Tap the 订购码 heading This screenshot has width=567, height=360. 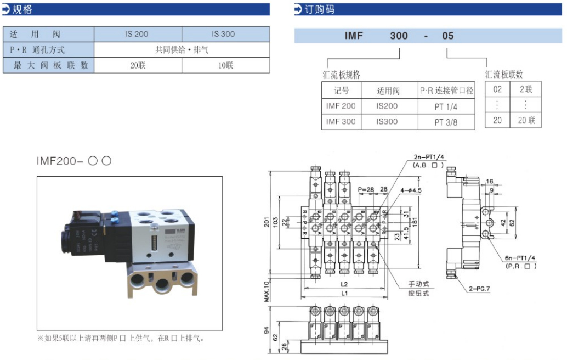pos(321,9)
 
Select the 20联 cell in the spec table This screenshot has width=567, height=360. pos(138,65)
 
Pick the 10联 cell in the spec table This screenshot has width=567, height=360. pos(225,65)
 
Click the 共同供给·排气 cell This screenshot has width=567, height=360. pos(182,49)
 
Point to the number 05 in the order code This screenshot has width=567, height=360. pos(447,36)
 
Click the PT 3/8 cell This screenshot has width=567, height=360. pos(446,122)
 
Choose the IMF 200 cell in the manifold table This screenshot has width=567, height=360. pos(341,106)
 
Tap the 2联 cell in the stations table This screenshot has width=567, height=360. pos(525,89)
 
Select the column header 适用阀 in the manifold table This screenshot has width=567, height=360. pos(388,91)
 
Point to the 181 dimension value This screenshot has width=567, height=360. pos(415,222)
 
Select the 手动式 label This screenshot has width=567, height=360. pos(418,284)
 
